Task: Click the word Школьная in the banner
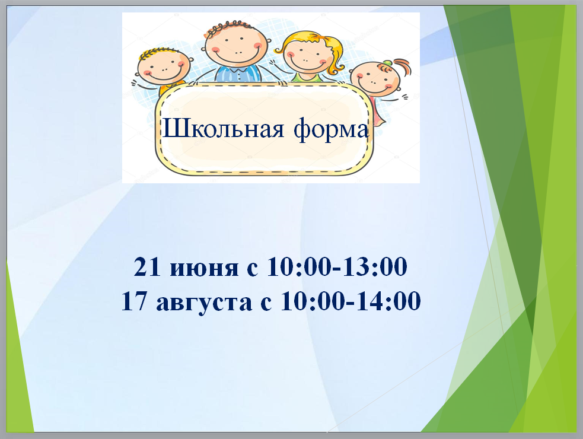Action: click(x=224, y=129)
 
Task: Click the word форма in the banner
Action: click(x=332, y=130)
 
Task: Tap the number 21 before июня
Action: click(x=147, y=266)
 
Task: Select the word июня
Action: click(x=204, y=269)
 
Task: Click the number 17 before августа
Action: click(x=134, y=301)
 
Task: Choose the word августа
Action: click(x=204, y=303)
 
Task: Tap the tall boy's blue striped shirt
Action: click(x=238, y=74)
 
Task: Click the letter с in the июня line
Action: click(x=253, y=269)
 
